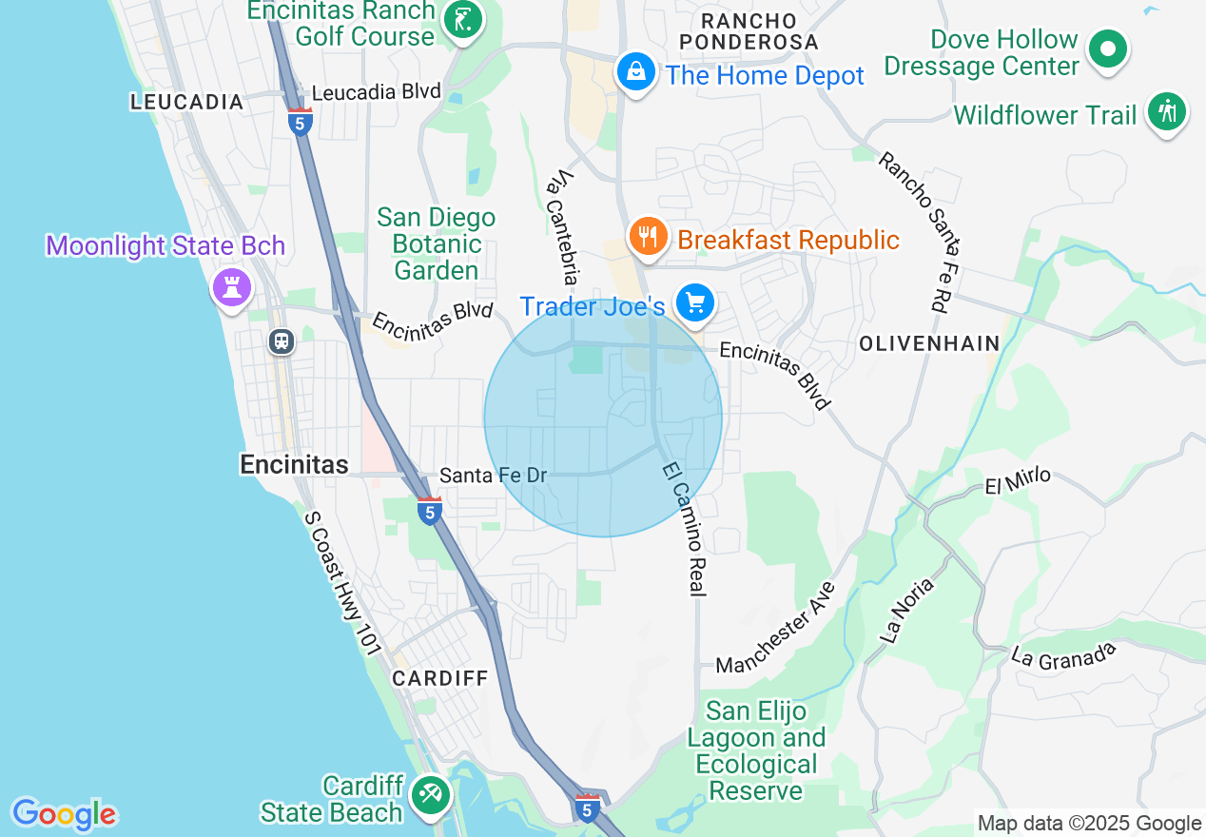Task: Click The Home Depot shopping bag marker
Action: pyautogui.click(x=635, y=71)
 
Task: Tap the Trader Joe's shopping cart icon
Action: pyautogui.click(x=695, y=303)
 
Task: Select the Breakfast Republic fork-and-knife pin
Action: pyautogui.click(x=648, y=235)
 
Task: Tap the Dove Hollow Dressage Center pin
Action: pyautogui.click(x=1107, y=48)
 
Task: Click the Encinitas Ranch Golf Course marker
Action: pyautogui.click(x=463, y=19)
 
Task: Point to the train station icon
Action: pyautogui.click(x=281, y=341)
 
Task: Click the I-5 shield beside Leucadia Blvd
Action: pyautogui.click(x=301, y=122)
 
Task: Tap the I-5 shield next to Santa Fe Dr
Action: pyautogui.click(x=430, y=511)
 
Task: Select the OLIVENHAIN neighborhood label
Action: pyautogui.click(x=929, y=343)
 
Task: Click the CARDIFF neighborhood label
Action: pyautogui.click(x=440, y=678)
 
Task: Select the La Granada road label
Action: pyautogui.click(x=1063, y=654)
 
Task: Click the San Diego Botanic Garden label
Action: pyautogui.click(x=437, y=243)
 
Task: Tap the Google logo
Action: pyautogui.click(x=64, y=814)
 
